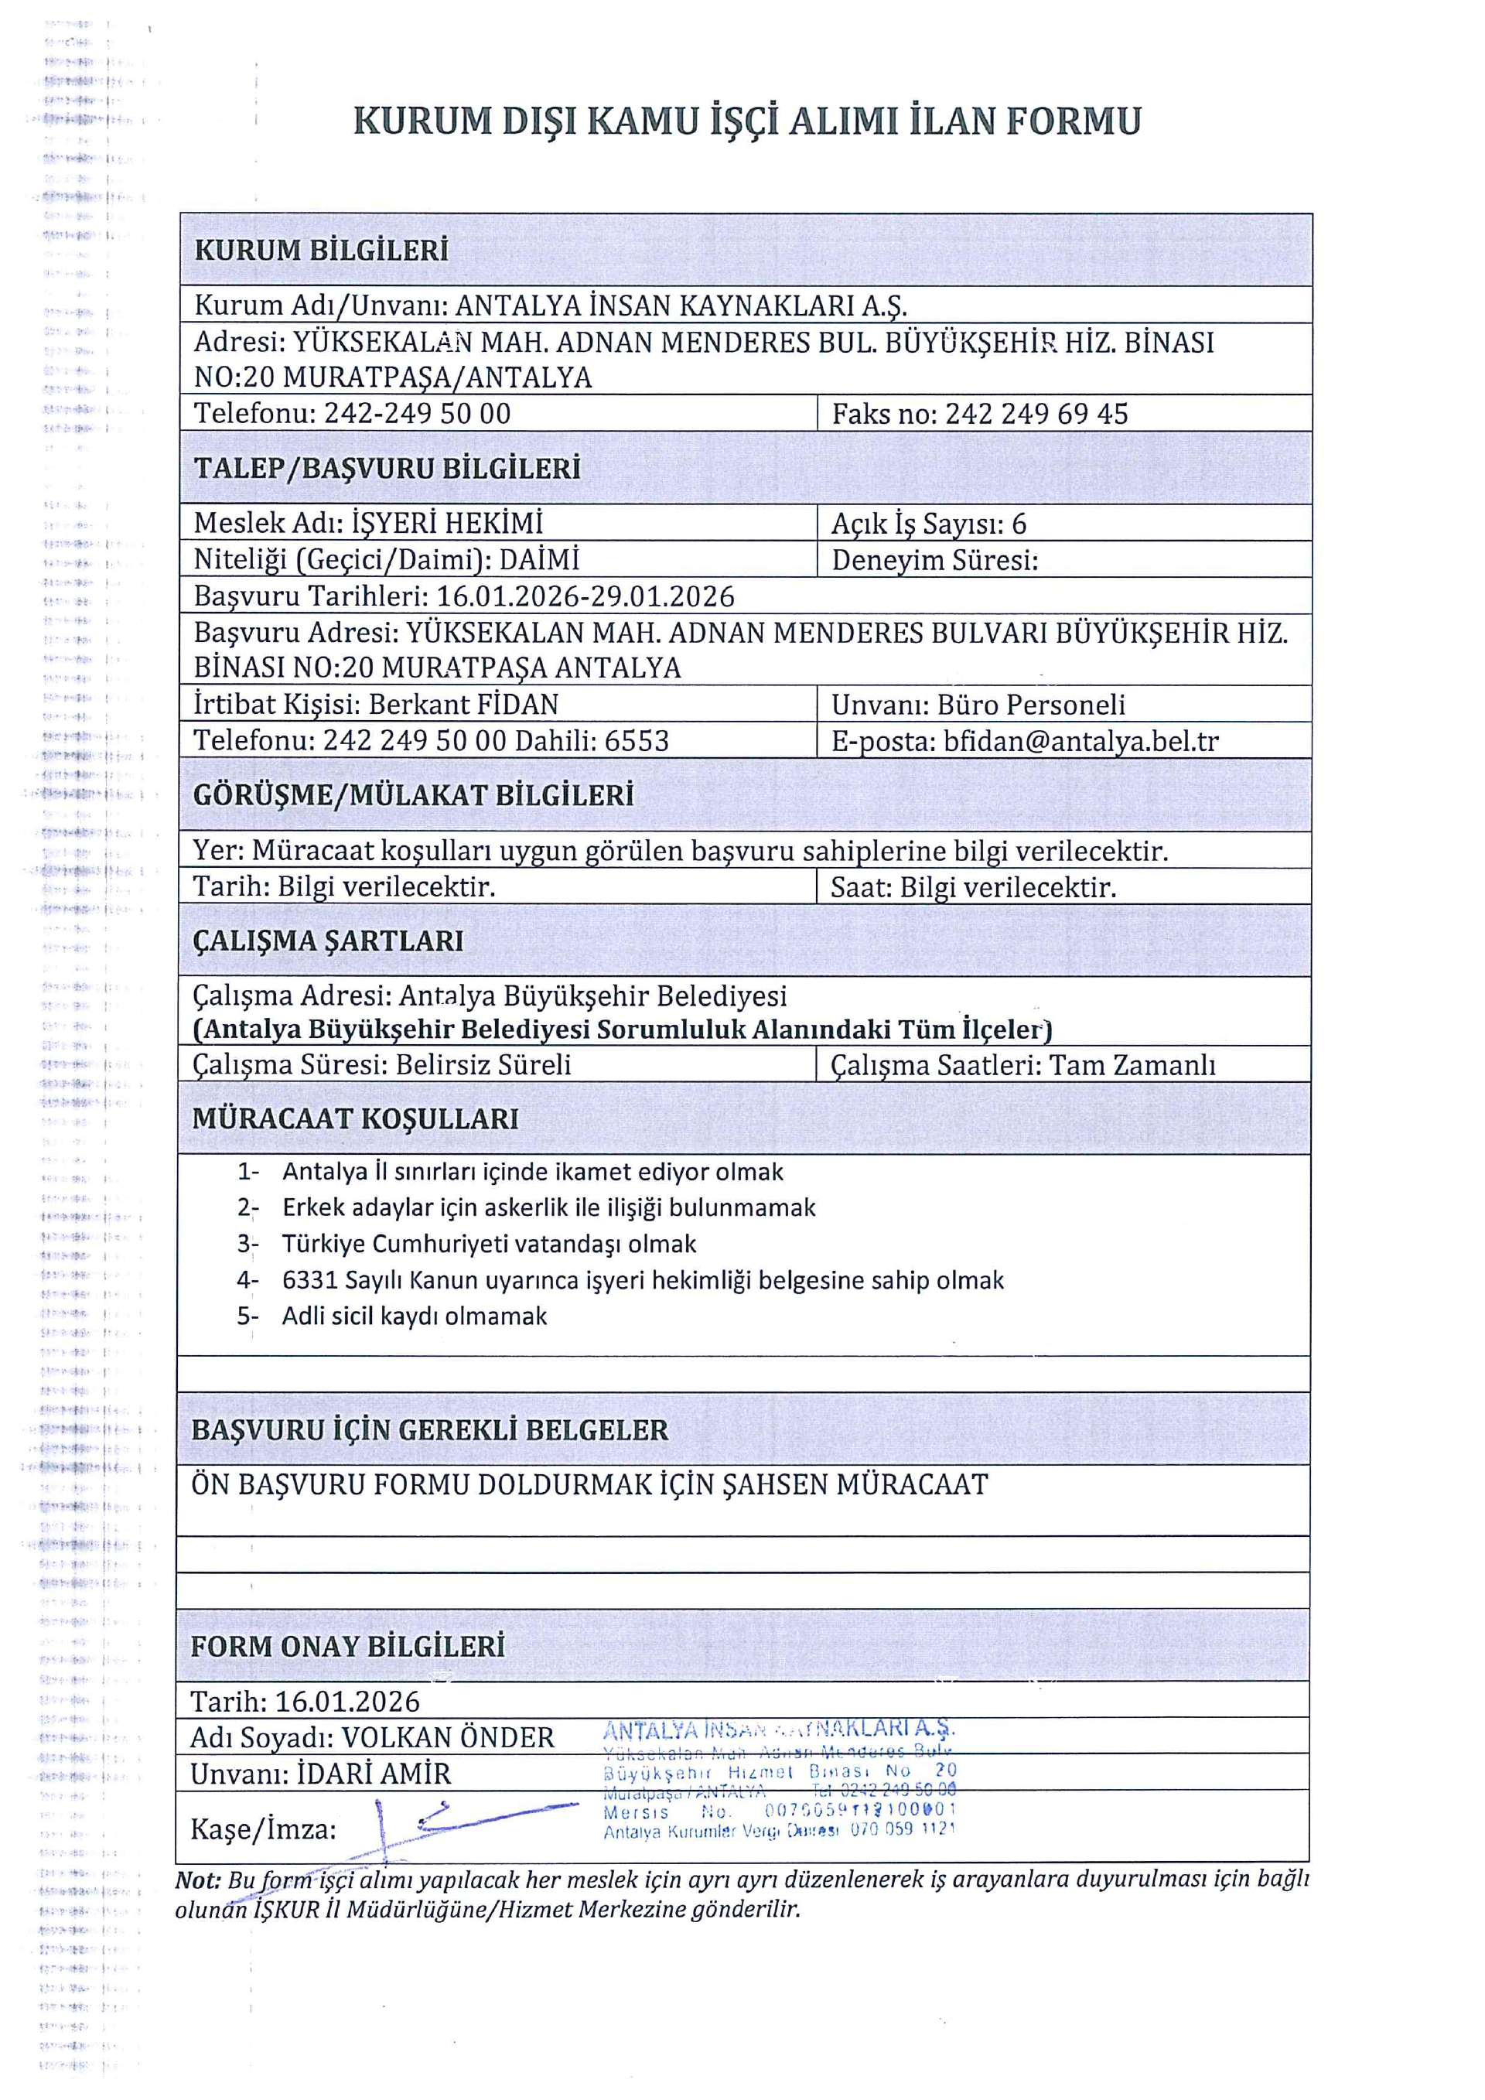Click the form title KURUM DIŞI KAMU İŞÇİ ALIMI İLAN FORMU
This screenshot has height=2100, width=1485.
[747, 121]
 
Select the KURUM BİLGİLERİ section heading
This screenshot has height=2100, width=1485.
[321, 251]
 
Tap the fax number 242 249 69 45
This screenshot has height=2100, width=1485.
[1036, 415]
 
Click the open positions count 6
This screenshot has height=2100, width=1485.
[1019, 524]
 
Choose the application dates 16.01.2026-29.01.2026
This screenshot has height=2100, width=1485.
[585, 596]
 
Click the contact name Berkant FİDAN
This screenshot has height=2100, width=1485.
[463, 705]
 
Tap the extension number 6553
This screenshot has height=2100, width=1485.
[637, 741]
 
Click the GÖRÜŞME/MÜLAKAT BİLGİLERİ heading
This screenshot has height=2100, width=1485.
[413, 795]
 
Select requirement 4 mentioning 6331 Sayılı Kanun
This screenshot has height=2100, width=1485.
[642, 1280]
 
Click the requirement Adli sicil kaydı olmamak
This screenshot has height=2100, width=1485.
[415, 1316]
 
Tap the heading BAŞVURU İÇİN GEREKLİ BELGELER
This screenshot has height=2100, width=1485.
[430, 1430]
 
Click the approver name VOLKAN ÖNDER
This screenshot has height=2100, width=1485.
[447, 1738]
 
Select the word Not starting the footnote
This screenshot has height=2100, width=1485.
[197, 1880]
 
